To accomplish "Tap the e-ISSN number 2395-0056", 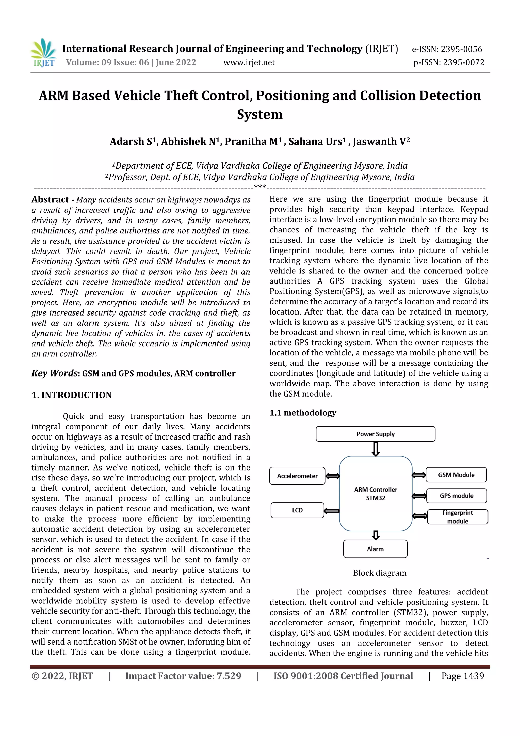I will (x=447, y=49).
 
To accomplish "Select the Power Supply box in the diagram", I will (x=375, y=434).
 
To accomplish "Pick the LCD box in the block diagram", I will (x=297, y=510).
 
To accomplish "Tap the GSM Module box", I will (x=456, y=475).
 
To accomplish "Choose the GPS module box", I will (x=456, y=496).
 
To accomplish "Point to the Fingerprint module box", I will (x=457, y=517).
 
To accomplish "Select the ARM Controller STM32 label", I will (x=376, y=494).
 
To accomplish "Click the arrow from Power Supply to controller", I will (x=376, y=448).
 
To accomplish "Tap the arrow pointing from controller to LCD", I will (x=332, y=511).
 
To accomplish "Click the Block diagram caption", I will (x=379, y=573).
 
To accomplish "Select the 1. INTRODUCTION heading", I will (x=72, y=395).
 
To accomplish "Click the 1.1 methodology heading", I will (x=302, y=413).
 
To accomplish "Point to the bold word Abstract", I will (x=50, y=200).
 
